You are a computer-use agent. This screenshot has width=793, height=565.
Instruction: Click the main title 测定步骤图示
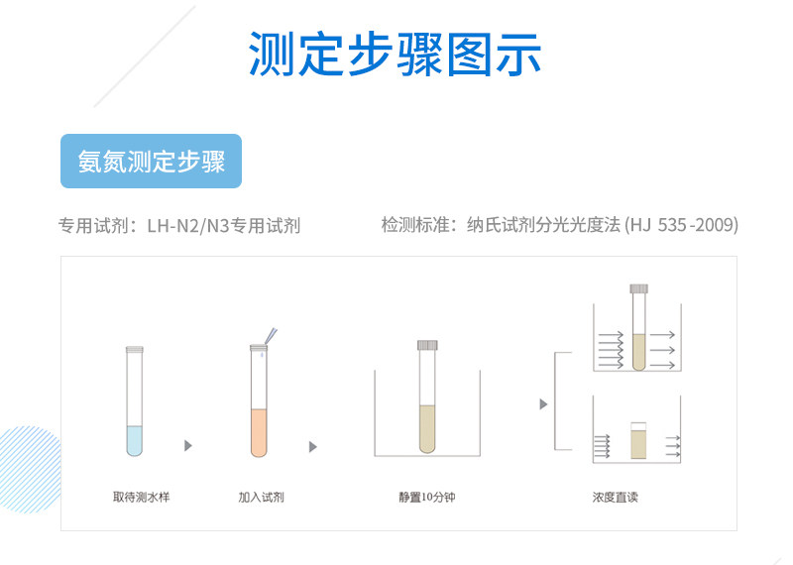pos(395,55)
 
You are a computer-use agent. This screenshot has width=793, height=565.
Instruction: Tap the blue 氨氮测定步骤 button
pos(152,161)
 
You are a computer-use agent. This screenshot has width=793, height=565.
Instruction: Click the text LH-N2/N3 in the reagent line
pos(188,225)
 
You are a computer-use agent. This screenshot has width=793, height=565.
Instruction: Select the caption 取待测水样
pos(141,496)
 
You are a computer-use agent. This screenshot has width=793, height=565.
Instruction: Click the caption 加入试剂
pos(261,496)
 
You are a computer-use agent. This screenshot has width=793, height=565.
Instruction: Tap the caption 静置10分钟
pos(426,496)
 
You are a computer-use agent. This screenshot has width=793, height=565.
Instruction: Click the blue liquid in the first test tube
pos(135,439)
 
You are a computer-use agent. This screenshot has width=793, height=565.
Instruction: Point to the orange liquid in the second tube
pos(259,431)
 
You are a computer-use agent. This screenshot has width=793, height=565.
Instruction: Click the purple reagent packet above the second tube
pos(271,335)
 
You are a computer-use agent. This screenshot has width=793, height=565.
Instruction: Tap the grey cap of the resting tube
pos(427,344)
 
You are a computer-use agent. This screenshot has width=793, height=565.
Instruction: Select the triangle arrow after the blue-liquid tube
pos(187,446)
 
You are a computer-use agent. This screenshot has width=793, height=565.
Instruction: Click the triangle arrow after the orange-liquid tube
pos(313,446)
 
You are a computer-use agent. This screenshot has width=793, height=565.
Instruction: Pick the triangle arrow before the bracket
pos(542,403)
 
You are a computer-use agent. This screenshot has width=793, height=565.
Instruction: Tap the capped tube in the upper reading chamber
pos(638,330)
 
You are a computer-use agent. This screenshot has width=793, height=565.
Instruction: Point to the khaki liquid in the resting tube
pos(427,426)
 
